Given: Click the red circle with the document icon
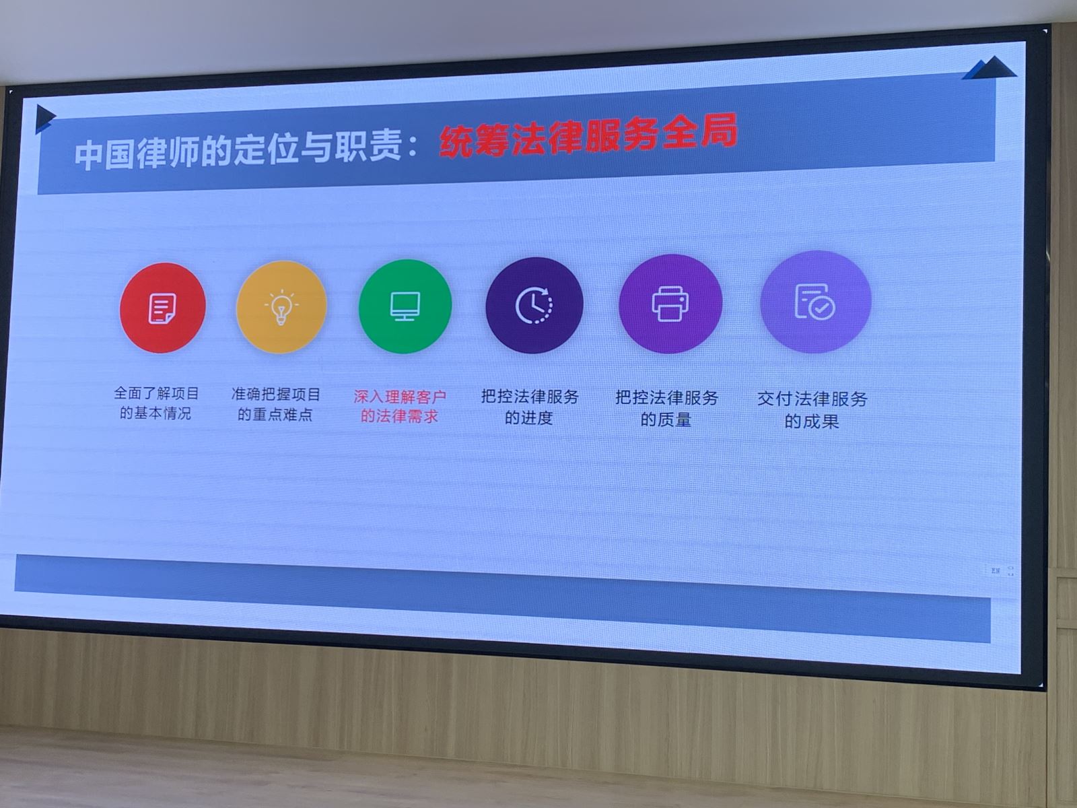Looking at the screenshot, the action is click(162, 308).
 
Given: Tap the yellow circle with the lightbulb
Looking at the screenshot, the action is click(281, 307).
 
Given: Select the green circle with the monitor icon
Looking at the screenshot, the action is click(405, 306).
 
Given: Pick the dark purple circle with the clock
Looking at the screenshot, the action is click(534, 305).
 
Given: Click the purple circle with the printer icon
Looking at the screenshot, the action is click(670, 304).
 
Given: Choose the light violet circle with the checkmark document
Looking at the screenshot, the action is click(815, 302).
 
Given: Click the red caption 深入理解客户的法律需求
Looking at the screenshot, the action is click(399, 407).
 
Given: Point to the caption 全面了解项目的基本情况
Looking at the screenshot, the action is click(156, 403).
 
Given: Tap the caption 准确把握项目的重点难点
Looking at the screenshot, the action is click(276, 405).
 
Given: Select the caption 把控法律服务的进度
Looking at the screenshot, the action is click(530, 407).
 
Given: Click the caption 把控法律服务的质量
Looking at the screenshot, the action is click(666, 409).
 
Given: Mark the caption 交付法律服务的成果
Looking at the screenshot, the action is click(812, 410).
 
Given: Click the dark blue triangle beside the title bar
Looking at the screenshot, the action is click(44, 119).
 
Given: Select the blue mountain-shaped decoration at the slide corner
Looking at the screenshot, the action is click(989, 68).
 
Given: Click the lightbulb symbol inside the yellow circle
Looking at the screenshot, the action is click(281, 308).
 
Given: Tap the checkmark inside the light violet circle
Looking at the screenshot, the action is click(822, 308).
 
